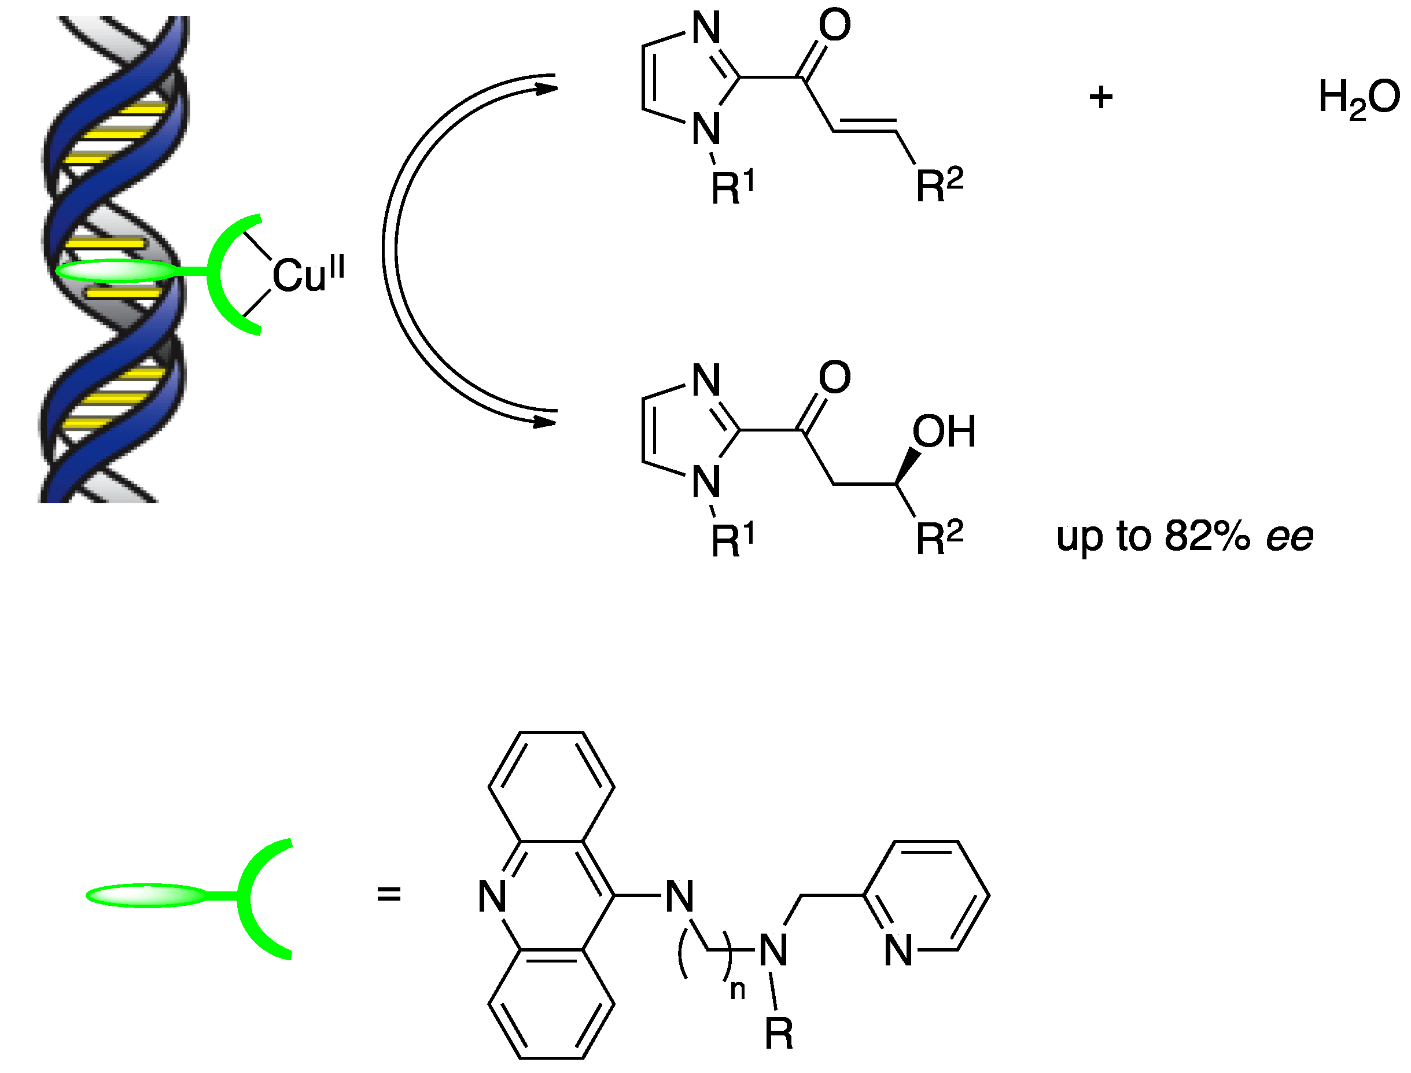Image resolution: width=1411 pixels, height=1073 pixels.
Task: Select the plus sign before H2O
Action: click(1100, 98)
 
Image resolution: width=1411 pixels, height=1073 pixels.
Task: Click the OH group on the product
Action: click(944, 432)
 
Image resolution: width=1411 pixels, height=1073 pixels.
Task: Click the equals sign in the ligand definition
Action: click(388, 894)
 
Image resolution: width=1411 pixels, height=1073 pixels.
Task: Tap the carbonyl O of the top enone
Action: click(835, 25)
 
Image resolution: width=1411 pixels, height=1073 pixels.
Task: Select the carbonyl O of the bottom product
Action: click(835, 378)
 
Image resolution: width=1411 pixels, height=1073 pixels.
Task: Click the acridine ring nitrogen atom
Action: click(492, 896)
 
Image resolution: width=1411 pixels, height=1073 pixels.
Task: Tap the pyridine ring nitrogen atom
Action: click(898, 950)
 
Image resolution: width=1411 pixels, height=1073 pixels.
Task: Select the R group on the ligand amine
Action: click(779, 1034)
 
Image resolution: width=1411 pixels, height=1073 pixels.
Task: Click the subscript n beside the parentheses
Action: click(738, 990)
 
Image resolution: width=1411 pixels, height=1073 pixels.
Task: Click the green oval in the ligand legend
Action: click(147, 895)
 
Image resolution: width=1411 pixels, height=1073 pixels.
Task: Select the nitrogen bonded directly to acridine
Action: click(680, 896)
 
